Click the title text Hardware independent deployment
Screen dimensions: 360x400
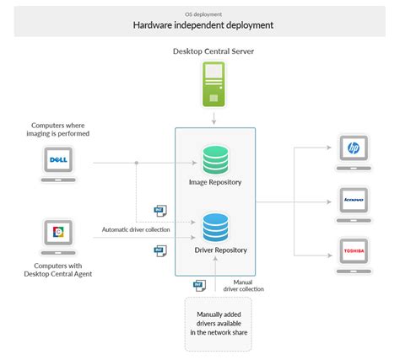pos(202,25)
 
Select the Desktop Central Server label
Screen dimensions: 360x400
pos(214,52)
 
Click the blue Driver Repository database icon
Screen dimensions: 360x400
pos(214,227)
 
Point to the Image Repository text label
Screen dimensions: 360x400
pos(215,182)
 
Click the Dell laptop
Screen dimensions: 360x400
pos(58,161)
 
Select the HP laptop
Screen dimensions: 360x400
pos(354,151)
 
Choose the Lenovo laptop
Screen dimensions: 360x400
pos(354,203)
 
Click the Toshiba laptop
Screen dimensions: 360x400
pos(354,254)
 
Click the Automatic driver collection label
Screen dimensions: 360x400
pos(136,229)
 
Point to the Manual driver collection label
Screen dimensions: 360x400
pos(244,285)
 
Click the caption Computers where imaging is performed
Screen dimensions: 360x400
pos(57,127)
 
